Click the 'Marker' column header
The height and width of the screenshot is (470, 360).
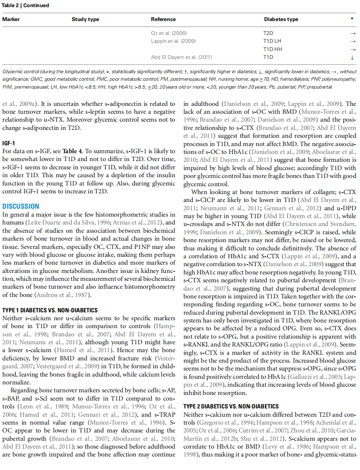(x=11, y=19)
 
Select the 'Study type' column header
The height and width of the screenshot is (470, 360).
(x=85, y=19)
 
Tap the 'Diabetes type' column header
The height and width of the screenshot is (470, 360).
(x=281, y=19)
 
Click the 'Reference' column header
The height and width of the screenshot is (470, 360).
(x=163, y=19)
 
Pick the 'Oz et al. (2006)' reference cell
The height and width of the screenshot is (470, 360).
(x=169, y=33)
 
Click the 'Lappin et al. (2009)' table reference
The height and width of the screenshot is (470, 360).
(x=173, y=41)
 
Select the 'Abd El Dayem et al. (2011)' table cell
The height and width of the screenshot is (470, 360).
(x=181, y=57)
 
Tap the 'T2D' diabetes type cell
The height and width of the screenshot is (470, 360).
(x=268, y=33)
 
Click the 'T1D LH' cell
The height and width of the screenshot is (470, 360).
(x=272, y=41)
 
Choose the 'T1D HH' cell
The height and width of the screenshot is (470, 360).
(x=272, y=49)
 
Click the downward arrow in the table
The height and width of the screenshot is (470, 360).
(x=352, y=57)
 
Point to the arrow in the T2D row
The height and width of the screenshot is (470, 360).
(x=353, y=33)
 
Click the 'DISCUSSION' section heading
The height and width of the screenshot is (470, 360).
(x=21, y=206)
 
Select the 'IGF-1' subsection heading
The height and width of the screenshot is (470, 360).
(x=9, y=143)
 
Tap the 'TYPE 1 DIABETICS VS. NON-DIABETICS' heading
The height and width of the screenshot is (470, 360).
(x=50, y=310)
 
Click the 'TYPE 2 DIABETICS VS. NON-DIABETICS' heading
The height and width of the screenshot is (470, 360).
(x=231, y=406)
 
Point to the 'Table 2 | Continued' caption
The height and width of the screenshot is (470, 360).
(x=26, y=5)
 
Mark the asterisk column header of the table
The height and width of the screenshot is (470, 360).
(x=352, y=19)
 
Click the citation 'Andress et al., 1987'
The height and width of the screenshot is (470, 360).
(x=62, y=295)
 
